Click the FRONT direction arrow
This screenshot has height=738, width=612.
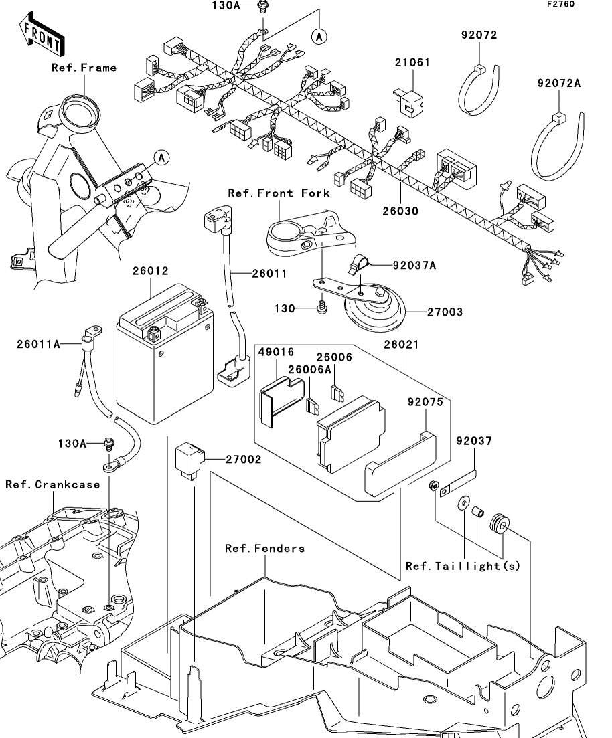[42, 37]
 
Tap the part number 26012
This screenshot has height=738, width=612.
[150, 272]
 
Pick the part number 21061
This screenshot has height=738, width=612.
[412, 63]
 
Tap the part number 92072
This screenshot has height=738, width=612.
[479, 35]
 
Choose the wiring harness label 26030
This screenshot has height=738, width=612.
[400, 211]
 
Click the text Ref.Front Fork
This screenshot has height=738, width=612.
[279, 193]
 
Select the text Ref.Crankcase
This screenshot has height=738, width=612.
[52, 484]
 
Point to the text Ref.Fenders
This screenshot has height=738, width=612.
[264, 549]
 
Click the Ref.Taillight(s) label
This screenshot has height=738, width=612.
[463, 566]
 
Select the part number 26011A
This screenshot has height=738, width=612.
[39, 344]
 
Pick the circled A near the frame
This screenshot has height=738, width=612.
[161, 157]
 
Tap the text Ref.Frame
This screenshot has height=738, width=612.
[84, 68]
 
